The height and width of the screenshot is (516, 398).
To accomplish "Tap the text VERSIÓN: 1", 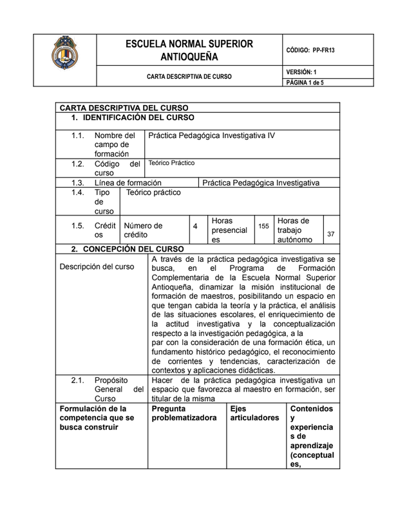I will (x=301, y=72).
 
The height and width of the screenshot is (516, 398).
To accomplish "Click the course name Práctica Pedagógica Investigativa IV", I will (x=211, y=136).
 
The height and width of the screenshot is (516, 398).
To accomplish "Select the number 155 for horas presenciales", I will (x=263, y=226).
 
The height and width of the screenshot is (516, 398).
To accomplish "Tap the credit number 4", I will (x=195, y=227).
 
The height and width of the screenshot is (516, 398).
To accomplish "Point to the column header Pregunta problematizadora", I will (x=184, y=413).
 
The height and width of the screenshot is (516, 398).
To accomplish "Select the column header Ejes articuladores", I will (x=254, y=413).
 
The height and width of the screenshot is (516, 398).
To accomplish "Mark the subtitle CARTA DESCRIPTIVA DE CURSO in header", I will (x=189, y=77).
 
